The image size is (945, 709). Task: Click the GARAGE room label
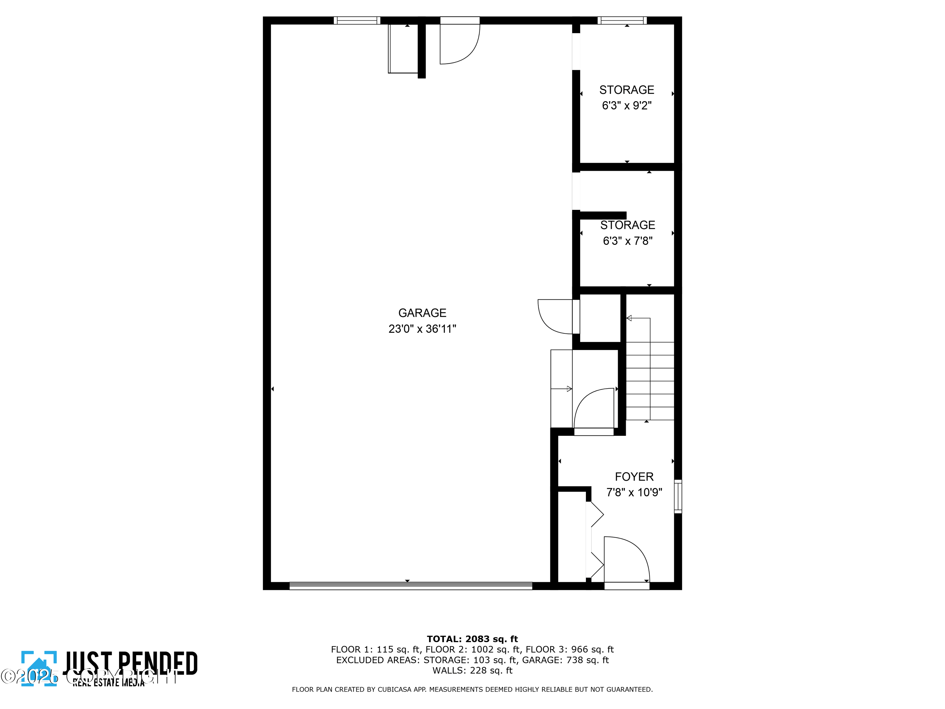[422, 313]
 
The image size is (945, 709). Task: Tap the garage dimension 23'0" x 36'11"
[422, 329]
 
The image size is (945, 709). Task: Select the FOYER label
[634, 476]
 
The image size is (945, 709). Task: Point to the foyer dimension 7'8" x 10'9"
[634, 492]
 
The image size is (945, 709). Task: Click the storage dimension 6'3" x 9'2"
[627, 106]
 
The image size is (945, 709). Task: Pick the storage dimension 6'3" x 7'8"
[627, 241]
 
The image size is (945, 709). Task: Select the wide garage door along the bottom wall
[410, 585]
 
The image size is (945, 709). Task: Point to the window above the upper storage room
[622, 20]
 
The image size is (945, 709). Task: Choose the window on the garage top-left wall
[357, 20]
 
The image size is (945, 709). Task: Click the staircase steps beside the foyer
[650, 380]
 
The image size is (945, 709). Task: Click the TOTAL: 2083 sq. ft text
[472, 639]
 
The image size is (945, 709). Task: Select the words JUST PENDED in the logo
[130, 663]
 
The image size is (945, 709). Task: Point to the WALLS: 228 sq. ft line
[472, 671]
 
